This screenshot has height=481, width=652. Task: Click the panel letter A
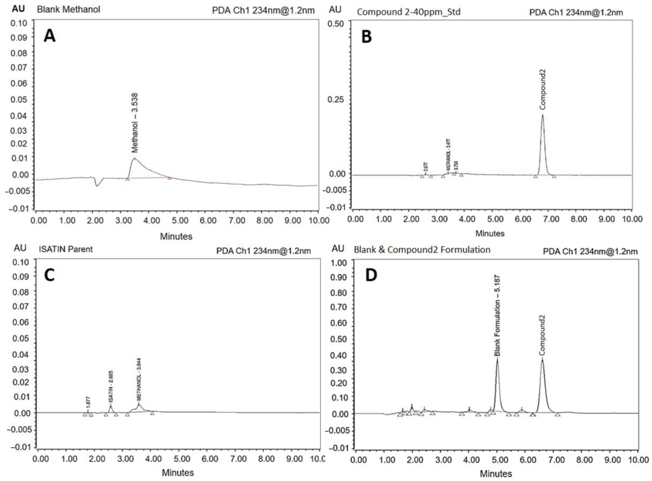click(x=50, y=37)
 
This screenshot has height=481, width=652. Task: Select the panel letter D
click(x=371, y=275)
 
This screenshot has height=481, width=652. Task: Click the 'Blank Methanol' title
click(x=69, y=9)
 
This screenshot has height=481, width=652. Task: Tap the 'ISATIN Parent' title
click(x=66, y=249)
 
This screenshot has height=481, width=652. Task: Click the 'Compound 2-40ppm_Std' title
click(x=409, y=12)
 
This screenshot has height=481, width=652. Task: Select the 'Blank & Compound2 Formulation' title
click(x=422, y=250)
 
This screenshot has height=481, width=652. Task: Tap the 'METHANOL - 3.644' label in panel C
click(x=139, y=379)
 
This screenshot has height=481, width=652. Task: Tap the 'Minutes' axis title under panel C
click(x=178, y=472)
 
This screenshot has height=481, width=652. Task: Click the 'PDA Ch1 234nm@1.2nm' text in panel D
click(x=590, y=252)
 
